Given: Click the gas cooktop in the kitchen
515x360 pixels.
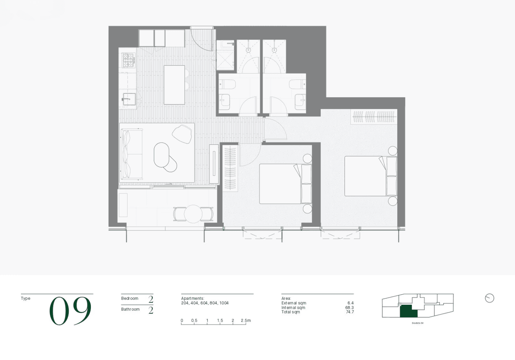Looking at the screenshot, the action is tap(129, 60).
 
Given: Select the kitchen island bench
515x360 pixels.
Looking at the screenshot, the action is tap(174, 85).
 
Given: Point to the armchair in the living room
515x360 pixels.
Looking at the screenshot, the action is tap(182, 134).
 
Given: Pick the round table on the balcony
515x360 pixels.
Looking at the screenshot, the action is tap(193, 214).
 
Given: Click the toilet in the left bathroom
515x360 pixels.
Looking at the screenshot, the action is tap(227, 84).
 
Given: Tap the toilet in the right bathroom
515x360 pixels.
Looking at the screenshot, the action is tap(297, 84).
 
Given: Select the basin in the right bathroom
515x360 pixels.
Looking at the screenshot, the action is tap(300, 101).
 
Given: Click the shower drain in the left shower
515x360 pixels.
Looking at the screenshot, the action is tap(248, 50).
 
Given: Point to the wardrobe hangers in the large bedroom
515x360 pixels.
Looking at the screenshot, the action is tap(375, 117).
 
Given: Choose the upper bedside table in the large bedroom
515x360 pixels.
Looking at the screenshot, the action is tap(392, 151).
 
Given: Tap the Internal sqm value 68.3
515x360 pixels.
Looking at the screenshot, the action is tap(350, 308).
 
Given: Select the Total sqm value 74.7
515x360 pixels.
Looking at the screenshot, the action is tap(350, 312).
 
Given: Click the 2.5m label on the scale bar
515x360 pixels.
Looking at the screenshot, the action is tap(246, 320).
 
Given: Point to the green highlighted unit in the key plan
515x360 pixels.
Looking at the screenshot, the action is tap(409, 312).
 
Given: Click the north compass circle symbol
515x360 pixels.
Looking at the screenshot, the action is tap(489, 298).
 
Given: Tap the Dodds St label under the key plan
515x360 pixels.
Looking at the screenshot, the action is tap(418, 323).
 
